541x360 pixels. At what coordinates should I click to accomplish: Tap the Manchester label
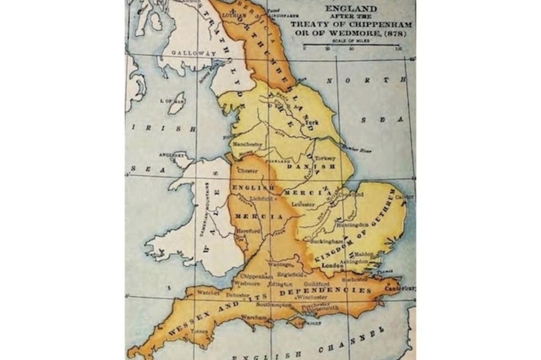click(245, 144)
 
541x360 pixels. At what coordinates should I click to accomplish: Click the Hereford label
click(248, 231)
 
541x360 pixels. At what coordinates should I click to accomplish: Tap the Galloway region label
click(186, 52)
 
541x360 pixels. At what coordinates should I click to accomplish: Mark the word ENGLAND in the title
click(351, 9)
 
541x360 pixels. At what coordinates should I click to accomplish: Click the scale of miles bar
click(352, 46)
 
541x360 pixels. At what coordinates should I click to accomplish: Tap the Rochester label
click(355, 280)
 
